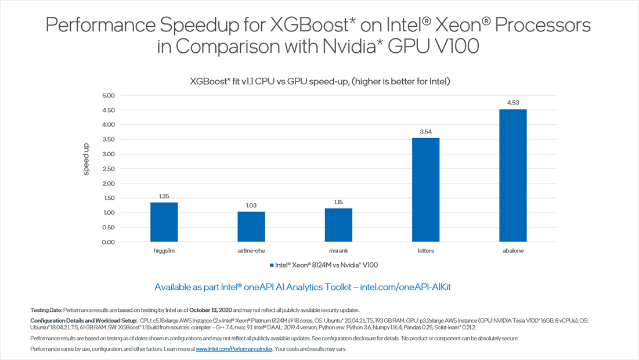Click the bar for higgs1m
(x=164, y=222)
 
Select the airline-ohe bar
(x=251, y=226)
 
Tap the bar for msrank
(x=338, y=225)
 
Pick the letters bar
(x=425, y=190)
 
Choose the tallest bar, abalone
(x=512, y=175)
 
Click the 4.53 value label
(x=512, y=103)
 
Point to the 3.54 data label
(x=425, y=132)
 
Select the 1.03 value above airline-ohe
(x=251, y=206)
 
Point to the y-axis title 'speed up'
(x=86, y=160)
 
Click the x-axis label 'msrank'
(x=338, y=251)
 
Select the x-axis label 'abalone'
(x=512, y=251)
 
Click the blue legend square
(x=271, y=265)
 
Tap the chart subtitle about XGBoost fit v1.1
(x=320, y=81)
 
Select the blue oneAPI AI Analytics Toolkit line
(x=319, y=287)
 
